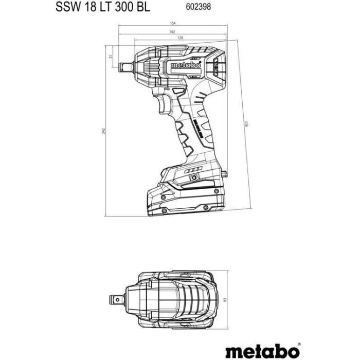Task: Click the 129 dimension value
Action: point(180,39)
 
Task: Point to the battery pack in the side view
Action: point(185,195)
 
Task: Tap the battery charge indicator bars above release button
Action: point(191,169)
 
